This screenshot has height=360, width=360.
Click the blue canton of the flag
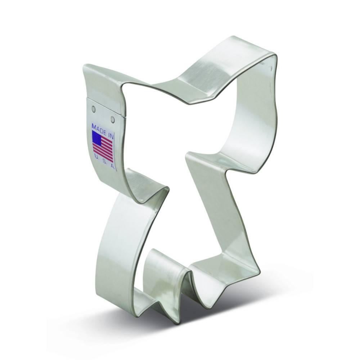click(96, 137)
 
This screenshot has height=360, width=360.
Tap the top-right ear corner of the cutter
click(275, 56)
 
